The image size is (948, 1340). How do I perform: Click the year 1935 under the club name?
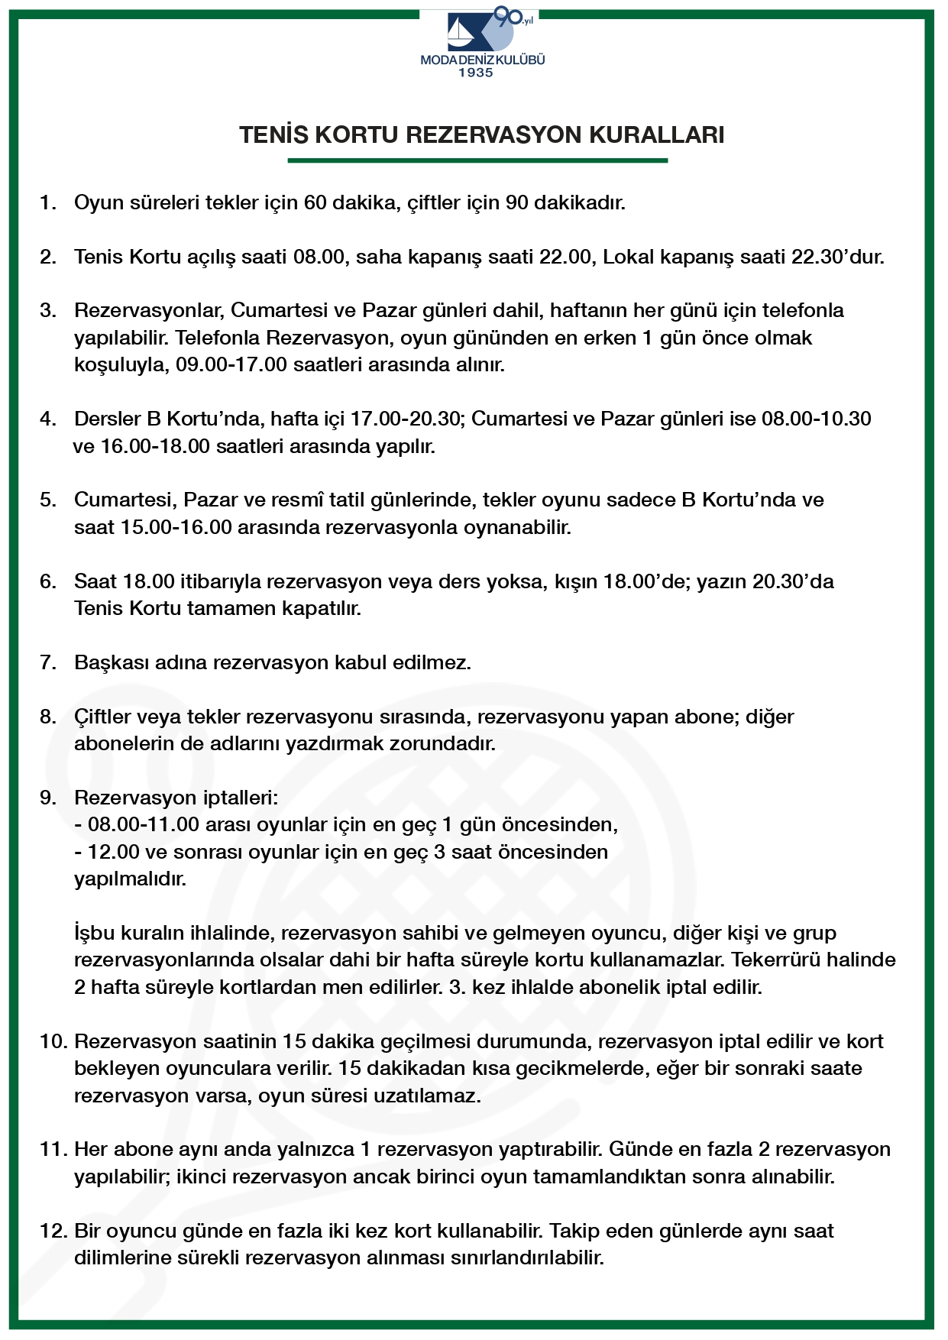(475, 73)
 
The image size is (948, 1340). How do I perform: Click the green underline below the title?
(477, 160)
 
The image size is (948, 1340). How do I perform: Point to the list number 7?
(48, 662)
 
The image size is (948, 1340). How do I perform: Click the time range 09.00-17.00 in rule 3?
(231, 364)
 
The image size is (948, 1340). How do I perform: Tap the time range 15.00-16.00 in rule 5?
(176, 527)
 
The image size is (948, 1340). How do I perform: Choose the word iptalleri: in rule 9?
(241, 798)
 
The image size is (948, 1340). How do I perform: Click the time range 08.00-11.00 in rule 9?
(143, 825)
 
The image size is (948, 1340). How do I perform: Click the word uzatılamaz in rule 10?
(432, 1096)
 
